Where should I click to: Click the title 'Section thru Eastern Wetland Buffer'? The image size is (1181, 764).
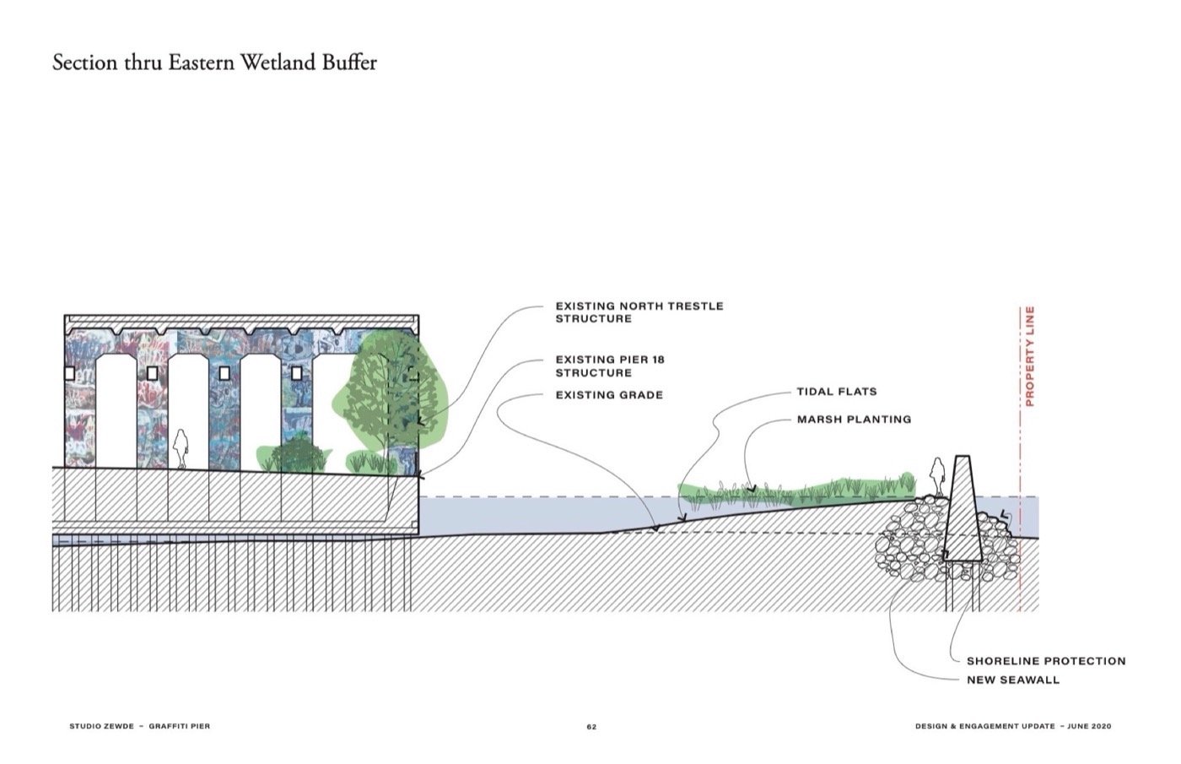(214, 63)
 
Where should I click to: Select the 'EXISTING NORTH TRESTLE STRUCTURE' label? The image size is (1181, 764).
(639, 312)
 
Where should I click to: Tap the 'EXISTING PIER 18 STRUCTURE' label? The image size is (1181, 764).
(609, 366)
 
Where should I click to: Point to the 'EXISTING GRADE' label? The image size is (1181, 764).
(608, 395)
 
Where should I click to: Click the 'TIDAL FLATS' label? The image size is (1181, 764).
(836, 392)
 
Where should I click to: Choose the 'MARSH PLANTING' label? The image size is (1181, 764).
(854, 419)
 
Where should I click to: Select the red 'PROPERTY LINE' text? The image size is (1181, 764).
(1029, 355)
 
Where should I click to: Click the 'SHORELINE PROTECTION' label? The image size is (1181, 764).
(1045, 661)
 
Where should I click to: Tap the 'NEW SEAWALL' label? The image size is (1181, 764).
(1012, 680)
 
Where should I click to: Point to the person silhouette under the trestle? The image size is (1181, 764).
(181, 448)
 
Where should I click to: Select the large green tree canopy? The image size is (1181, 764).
(389, 389)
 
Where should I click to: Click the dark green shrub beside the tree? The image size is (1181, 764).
(296, 454)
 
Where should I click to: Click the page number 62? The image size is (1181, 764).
(591, 727)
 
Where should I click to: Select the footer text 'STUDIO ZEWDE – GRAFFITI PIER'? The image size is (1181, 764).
(139, 726)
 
